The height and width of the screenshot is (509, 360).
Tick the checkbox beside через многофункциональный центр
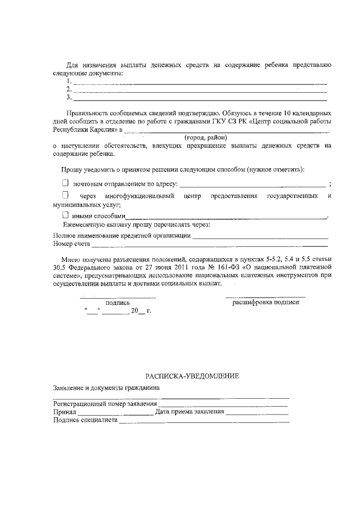click(65, 195)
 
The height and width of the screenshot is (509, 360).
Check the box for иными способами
click(65, 215)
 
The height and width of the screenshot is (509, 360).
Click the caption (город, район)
click(206, 137)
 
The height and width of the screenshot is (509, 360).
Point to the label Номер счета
click(71, 245)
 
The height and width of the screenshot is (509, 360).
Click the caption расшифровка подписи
click(266, 302)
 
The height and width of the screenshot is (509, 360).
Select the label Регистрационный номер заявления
click(105, 404)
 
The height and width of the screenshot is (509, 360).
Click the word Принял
click(65, 412)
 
